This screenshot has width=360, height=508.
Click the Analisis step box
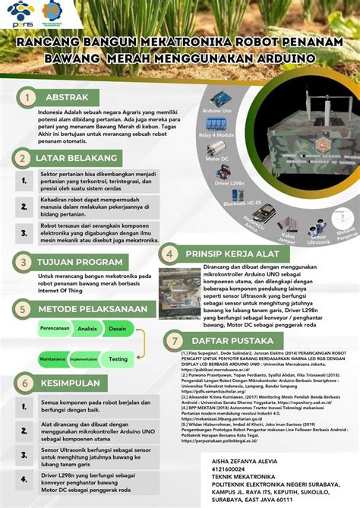[x=87, y=328]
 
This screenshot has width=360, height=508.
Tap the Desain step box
[x=117, y=328]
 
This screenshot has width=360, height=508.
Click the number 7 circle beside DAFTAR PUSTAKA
[x=176, y=340]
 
